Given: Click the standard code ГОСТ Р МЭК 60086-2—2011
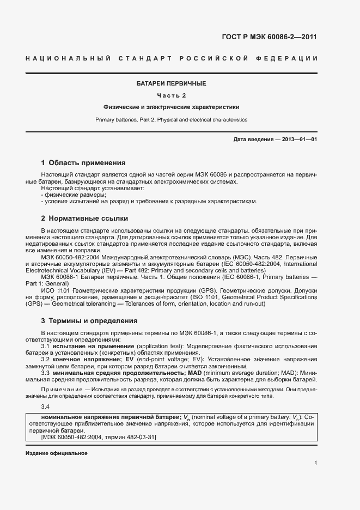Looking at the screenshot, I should tap(269, 37).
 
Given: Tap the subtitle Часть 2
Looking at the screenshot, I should tap(171, 95).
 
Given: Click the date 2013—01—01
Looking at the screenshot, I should tap(300, 139).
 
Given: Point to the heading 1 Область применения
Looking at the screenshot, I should tap(83, 163).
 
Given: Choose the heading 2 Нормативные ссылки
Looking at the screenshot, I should tap(84, 218).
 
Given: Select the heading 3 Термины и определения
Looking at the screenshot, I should tap(89, 321).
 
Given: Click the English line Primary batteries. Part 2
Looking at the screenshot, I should tap(171, 119).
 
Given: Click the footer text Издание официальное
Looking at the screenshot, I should tap(56, 453).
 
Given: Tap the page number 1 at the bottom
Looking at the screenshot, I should tap(316, 464).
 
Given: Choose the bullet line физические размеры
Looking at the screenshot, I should tap(74, 195).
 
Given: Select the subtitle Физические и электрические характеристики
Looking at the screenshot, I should tap(171, 107).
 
